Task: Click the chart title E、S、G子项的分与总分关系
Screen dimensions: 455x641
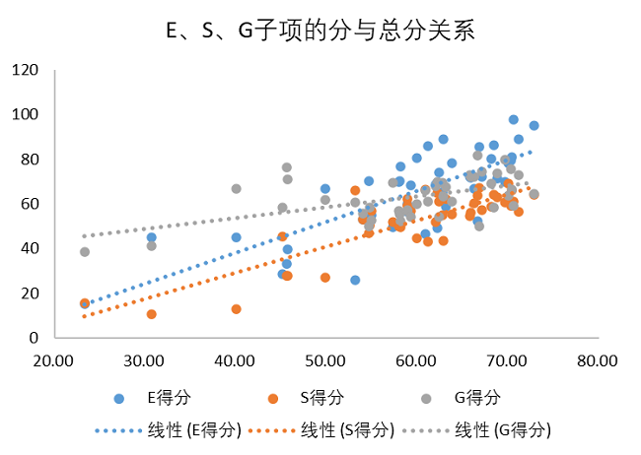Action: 320,32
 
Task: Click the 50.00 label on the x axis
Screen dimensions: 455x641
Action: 326,360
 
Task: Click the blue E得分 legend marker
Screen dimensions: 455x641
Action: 120,398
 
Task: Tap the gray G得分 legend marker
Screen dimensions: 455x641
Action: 426,398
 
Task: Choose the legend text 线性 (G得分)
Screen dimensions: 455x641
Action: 503,430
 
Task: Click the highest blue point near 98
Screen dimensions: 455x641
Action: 514,119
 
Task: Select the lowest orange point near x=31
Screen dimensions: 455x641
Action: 151,314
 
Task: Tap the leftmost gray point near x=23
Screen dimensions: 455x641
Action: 85,252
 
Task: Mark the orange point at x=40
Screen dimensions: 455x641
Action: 237,308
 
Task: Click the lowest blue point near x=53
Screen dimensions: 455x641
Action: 355,280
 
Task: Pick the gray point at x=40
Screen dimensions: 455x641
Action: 237,188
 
